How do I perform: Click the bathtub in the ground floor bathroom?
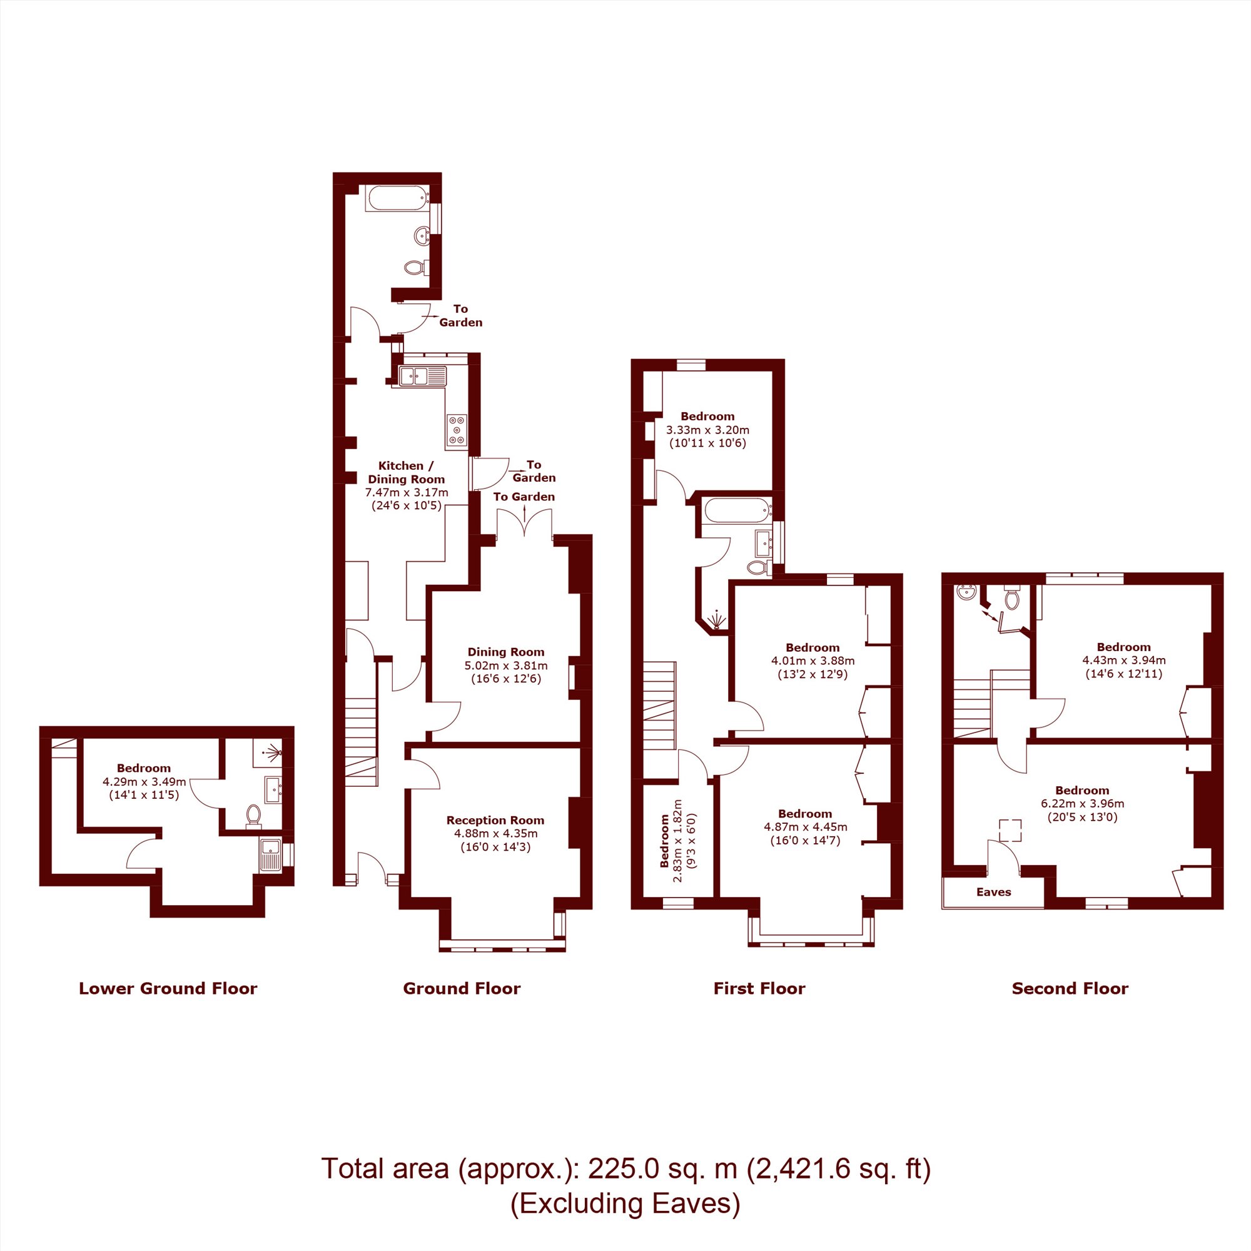pyautogui.click(x=397, y=198)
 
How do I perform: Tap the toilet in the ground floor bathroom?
pyautogui.click(x=416, y=267)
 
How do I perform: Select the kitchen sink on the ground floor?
pyautogui.click(x=423, y=375)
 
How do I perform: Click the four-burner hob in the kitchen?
pyautogui.click(x=457, y=430)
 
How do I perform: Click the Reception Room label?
pyautogui.click(x=495, y=821)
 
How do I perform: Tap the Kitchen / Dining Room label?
pyautogui.click(x=406, y=473)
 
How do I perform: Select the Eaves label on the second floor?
pyautogui.click(x=993, y=891)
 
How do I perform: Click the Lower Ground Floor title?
pyautogui.click(x=168, y=989)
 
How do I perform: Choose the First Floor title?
pyautogui.click(x=759, y=989)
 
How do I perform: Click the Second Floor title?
pyautogui.click(x=1070, y=989)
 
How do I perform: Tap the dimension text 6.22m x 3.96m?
pyautogui.click(x=1083, y=804)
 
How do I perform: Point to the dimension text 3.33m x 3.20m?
pyautogui.click(x=707, y=430)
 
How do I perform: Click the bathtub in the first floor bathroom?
pyautogui.click(x=737, y=511)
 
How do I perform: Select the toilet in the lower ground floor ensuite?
pyautogui.click(x=254, y=815)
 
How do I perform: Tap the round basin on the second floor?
pyautogui.click(x=966, y=592)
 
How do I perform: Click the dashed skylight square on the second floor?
pyautogui.click(x=1010, y=831)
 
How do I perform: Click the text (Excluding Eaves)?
pyautogui.click(x=625, y=1203)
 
